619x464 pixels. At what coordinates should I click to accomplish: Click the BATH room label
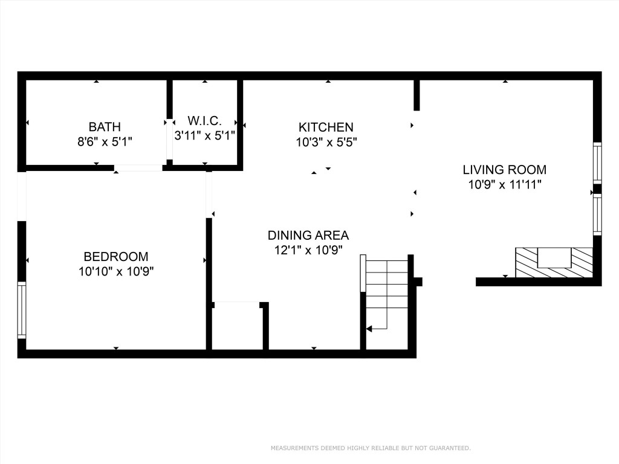click(x=105, y=127)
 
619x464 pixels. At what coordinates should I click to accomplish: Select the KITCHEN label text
click(x=326, y=127)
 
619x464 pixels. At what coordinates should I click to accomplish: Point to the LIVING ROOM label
click(x=504, y=170)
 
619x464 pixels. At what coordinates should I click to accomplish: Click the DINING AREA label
click(x=308, y=236)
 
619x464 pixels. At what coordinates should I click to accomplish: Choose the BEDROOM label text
click(x=116, y=256)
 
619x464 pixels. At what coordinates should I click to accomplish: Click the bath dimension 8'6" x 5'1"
click(x=105, y=142)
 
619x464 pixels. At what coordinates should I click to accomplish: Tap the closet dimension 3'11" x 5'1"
click(x=204, y=136)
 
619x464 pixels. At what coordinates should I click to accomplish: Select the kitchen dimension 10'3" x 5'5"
click(x=326, y=143)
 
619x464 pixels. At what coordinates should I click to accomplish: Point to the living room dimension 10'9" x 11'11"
click(x=504, y=185)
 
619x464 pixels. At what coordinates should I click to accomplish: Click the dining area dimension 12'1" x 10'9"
click(x=308, y=250)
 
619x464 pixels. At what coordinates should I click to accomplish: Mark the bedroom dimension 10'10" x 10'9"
click(x=116, y=272)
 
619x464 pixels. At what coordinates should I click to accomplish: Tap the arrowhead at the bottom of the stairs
click(x=370, y=329)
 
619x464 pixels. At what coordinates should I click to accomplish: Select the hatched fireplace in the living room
click(x=554, y=263)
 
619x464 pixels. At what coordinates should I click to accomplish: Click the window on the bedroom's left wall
click(x=22, y=309)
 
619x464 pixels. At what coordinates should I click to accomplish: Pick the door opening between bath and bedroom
click(x=138, y=168)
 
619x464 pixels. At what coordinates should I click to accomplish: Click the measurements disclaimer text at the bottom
click(x=370, y=448)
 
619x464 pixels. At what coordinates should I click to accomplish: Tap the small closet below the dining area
click(x=237, y=326)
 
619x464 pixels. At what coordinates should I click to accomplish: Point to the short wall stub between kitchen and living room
click(x=416, y=95)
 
